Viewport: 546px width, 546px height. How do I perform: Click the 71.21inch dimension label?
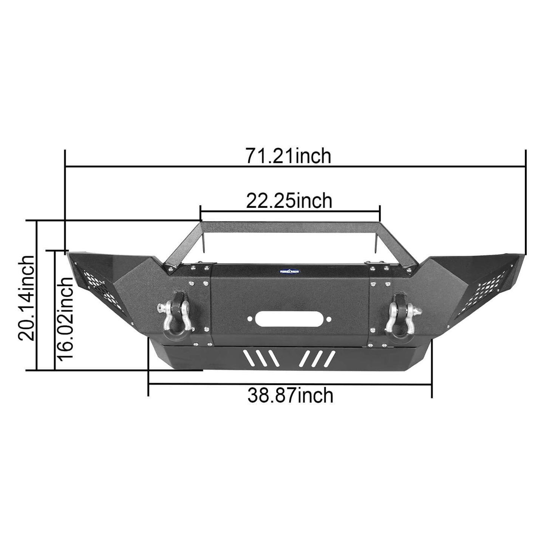coord(288,156)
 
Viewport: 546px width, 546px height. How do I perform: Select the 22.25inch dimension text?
coord(289,201)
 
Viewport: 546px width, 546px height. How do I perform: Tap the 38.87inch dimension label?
coord(291,396)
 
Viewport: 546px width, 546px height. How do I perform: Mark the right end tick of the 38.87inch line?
coord(432,385)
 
